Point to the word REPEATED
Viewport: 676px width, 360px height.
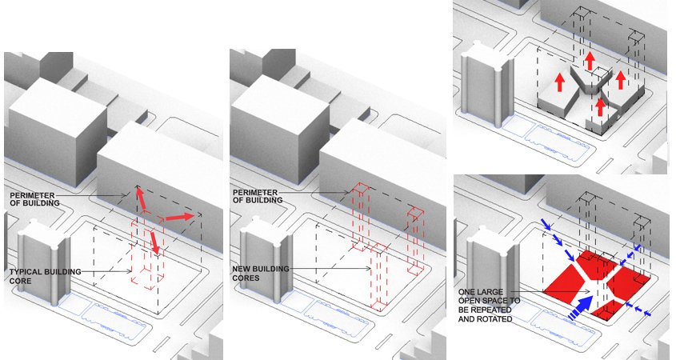coord(492,310)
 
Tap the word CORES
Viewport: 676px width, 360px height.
coord(246,278)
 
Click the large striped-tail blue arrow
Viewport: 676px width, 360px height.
coord(580,306)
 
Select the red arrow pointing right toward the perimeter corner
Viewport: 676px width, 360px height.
coord(180,217)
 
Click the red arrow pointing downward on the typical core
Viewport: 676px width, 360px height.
coord(154,242)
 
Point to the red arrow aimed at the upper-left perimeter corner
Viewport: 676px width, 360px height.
coord(141,199)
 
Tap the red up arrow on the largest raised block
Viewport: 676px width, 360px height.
coord(559,82)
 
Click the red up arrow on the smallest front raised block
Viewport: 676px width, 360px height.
coord(600,107)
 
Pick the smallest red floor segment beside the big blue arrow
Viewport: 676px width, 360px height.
coord(610,310)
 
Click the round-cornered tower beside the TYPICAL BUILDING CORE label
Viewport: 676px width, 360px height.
coord(45,262)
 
